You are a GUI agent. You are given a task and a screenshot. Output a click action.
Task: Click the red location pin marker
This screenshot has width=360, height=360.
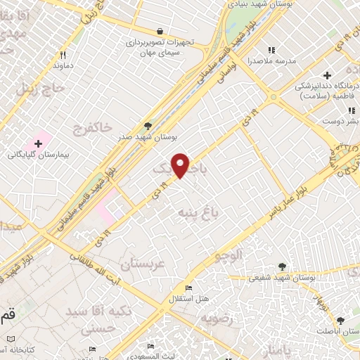[x=181, y=165]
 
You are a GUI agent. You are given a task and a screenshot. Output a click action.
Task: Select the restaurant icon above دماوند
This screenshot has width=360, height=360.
[x=63, y=55]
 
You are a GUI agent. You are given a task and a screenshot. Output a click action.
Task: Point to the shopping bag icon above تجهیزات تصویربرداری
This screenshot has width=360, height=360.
[x=160, y=31]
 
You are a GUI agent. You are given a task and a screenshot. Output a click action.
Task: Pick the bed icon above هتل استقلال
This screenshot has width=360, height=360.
[x=188, y=288]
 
